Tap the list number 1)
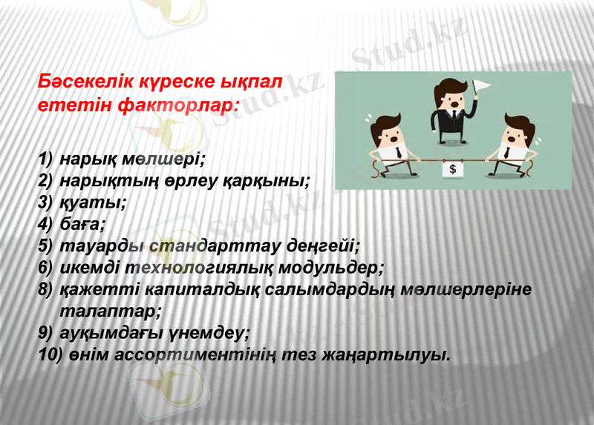[x=46, y=159]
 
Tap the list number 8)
[x=46, y=288]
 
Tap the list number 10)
[x=50, y=353]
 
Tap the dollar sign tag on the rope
[x=453, y=169]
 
